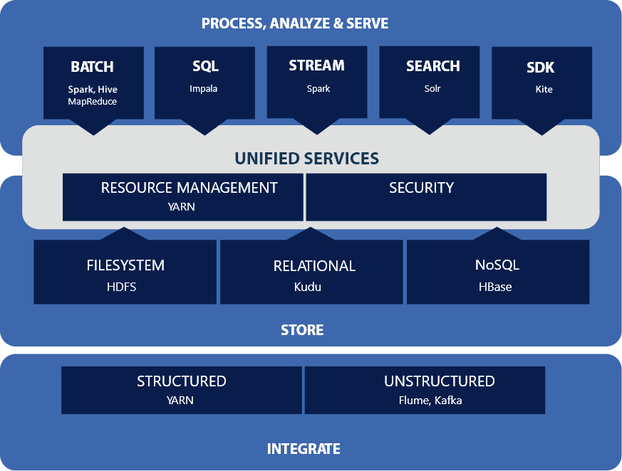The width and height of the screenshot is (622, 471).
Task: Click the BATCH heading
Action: pyautogui.click(x=92, y=67)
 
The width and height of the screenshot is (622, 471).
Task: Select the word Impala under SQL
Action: pyautogui.click(x=204, y=89)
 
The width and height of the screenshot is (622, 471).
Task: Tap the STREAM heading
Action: pyautogui.click(x=316, y=65)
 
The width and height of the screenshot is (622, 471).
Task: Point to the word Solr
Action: pyautogui.click(x=432, y=89)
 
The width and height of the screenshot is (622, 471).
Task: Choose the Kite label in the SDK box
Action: pyautogui.click(x=544, y=90)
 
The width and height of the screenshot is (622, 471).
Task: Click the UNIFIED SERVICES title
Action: pyautogui.click(x=307, y=158)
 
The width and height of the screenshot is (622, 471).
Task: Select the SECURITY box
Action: pyautogui.click(x=426, y=197)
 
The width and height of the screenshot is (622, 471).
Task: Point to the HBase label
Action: pyautogui.click(x=495, y=287)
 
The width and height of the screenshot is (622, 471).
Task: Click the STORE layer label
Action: pyautogui.click(x=302, y=330)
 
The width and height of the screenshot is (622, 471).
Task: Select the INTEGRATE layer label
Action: pyautogui.click(x=304, y=449)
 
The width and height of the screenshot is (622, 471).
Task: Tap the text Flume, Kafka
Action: pyautogui.click(x=430, y=400)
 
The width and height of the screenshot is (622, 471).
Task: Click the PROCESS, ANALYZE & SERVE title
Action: pyautogui.click(x=295, y=23)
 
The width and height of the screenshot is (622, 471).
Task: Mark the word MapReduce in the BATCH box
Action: pyautogui.click(x=92, y=102)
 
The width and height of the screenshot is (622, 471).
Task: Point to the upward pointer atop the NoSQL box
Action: pyautogui.click(x=497, y=233)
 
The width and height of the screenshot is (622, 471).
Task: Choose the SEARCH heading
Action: pyautogui.click(x=432, y=66)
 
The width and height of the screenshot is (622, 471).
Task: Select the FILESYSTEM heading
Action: pyautogui.click(x=125, y=265)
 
